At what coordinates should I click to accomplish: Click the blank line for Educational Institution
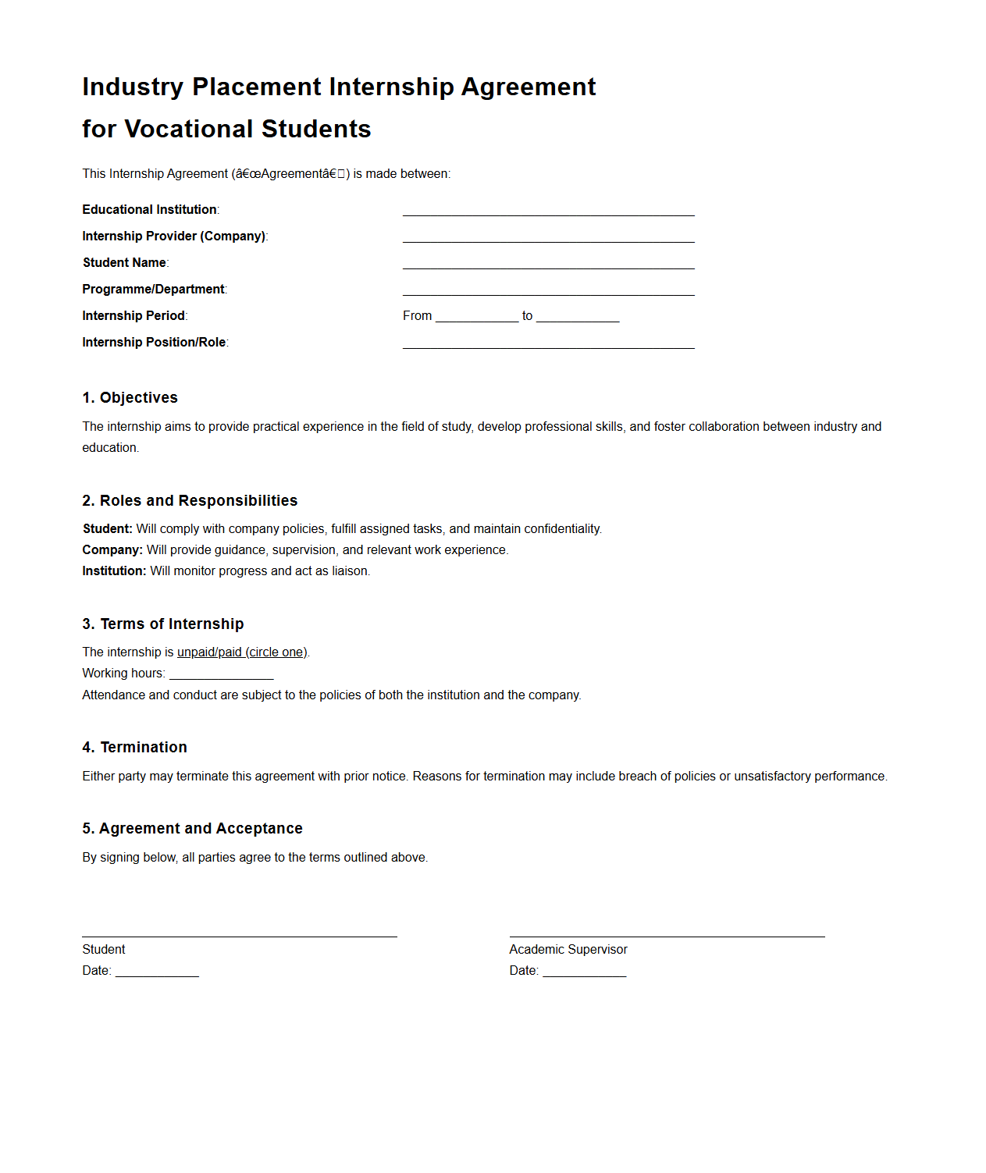pos(548,210)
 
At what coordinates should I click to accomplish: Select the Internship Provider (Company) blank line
pos(548,236)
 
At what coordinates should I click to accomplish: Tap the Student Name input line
pos(548,263)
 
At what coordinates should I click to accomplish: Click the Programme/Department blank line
pos(548,290)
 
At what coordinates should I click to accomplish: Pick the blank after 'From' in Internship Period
pos(477,316)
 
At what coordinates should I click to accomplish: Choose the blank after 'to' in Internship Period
pos(578,316)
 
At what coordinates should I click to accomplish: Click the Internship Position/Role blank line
pos(548,343)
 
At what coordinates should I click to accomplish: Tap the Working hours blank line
pos(222,674)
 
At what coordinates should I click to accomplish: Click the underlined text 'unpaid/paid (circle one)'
pos(242,652)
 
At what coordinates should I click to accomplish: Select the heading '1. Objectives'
pos(130,398)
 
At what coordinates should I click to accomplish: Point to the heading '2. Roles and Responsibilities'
pos(190,501)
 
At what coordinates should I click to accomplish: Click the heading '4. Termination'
pos(135,748)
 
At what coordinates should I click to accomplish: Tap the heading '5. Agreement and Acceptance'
pos(192,829)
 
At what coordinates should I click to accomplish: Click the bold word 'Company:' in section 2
pos(112,550)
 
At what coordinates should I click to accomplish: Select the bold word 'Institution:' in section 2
pos(114,571)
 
